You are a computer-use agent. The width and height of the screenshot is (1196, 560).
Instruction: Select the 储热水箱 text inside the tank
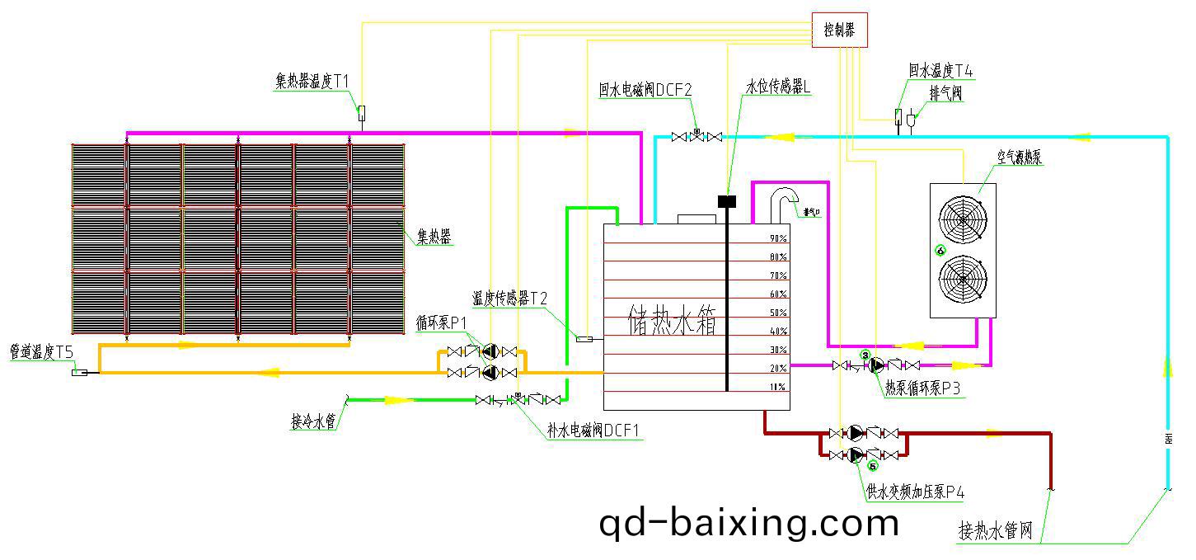(672, 321)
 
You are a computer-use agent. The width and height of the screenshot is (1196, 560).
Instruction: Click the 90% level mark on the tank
(778, 238)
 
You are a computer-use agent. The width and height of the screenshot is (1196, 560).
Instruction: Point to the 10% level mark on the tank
(778, 387)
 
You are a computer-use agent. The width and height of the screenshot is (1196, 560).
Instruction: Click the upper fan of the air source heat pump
(963, 216)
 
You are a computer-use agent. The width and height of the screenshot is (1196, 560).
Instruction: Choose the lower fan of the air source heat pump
(963, 281)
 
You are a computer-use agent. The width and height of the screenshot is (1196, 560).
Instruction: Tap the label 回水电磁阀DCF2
(645, 89)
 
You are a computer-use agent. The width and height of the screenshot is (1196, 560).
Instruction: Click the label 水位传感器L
(779, 86)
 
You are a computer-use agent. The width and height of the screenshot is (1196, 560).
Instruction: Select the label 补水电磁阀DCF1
(593, 430)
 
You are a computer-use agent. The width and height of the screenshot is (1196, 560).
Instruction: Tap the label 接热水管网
(995, 530)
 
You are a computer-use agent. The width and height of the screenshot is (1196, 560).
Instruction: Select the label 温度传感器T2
(509, 298)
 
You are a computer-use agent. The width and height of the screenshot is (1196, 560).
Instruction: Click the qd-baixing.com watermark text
(748, 522)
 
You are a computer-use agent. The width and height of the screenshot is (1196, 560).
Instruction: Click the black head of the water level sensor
(726, 200)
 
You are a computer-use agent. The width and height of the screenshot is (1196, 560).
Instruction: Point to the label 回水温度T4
(940, 72)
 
